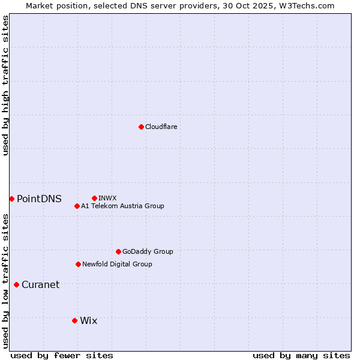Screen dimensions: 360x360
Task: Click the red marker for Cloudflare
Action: (x=141, y=127)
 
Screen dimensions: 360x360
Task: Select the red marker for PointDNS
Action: (x=11, y=199)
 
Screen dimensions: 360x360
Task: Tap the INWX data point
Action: (x=94, y=198)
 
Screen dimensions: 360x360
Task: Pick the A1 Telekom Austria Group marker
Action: (x=77, y=206)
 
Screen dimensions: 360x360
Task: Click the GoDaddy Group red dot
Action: (x=118, y=251)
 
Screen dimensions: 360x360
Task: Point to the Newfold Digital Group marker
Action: (x=78, y=264)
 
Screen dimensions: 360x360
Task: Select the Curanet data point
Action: (x=16, y=284)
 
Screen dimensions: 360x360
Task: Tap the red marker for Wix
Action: (x=74, y=320)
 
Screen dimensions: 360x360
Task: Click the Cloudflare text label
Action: (x=161, y=127)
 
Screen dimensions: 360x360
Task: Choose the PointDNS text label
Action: (x=39, y=199)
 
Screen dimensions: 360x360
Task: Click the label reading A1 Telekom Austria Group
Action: (x=122, y=206)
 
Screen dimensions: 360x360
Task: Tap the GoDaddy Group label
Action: (x=148, y=251)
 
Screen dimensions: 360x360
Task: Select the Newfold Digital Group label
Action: (x=117, y=264)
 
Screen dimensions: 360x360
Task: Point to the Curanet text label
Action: (x=40, y=285)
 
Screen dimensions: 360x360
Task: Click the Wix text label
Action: (x=88, y=321)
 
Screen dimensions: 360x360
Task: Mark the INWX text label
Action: (x=107, y=198)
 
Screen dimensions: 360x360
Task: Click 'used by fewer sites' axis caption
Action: (x=62, y=355)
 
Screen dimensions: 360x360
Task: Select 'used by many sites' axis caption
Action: (x=301, y=355)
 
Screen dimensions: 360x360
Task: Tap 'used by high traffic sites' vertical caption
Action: (x=5, y=85)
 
